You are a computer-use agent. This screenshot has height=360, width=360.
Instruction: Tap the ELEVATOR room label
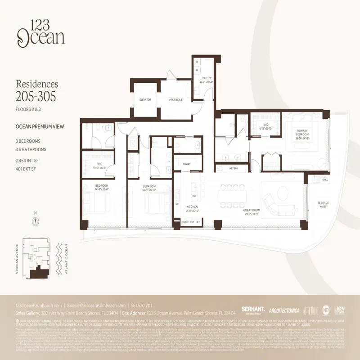click(145, 99)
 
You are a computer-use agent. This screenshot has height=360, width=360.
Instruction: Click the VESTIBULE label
click(175, 100)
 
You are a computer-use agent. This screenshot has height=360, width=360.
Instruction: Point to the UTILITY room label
click(207, 80)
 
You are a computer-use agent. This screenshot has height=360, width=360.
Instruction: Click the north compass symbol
click(36, 220)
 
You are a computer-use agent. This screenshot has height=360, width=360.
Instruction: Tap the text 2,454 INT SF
click(28, 160)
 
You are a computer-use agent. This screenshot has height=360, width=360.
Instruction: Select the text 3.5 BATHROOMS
click(31, 149)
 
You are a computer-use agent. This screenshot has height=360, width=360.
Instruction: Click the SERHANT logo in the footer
click(252, 310)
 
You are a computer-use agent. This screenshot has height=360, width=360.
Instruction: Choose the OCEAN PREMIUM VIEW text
click(40, 126)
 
